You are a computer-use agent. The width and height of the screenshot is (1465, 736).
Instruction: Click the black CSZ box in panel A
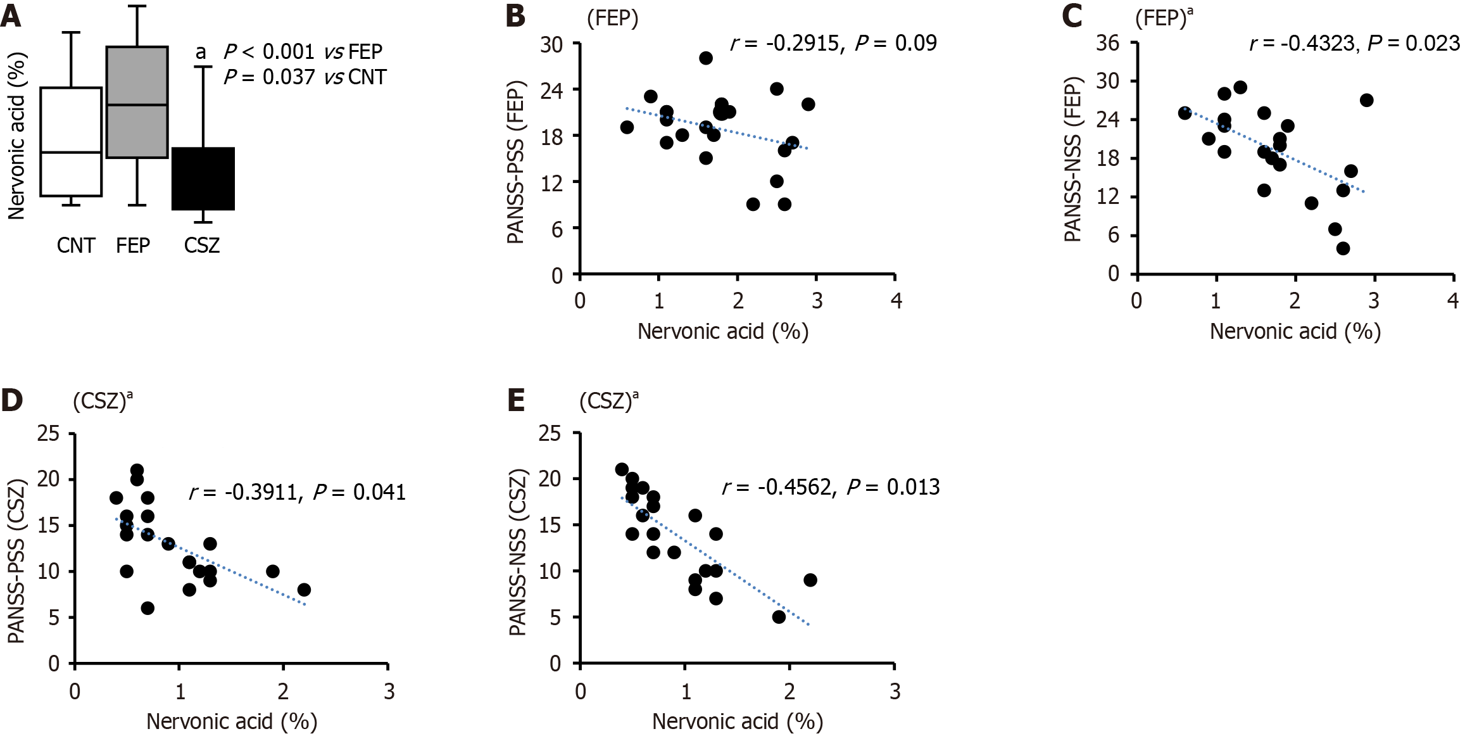(203, 179)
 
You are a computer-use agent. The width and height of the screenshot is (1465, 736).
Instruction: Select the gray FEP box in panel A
(137, 102)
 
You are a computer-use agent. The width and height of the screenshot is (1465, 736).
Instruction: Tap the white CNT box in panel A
(71, 142)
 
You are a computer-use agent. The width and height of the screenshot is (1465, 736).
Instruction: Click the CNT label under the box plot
(76, 245)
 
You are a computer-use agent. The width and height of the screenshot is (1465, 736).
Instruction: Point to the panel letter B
(515, 16)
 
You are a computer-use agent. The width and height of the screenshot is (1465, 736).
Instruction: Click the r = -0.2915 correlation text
(785, 43)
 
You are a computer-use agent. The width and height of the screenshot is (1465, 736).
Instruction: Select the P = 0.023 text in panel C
(1413, 43)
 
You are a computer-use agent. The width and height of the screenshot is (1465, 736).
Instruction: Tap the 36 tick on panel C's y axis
(1108, 43)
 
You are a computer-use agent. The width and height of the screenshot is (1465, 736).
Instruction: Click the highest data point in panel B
(706, 58)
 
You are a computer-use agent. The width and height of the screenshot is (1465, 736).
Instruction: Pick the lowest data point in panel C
(1343, 248)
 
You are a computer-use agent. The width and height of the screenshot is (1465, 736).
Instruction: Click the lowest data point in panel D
(148, 608)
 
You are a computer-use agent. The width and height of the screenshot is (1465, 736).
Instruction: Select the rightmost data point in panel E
(810, 580)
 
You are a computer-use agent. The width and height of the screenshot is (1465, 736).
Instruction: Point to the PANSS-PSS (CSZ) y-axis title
(16, 561)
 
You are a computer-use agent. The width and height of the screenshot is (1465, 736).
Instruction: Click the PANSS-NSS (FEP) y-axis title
(1072, 160)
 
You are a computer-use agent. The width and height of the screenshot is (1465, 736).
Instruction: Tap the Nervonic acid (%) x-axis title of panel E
(737, 721)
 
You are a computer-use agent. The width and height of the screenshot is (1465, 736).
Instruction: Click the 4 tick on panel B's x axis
(896, 301)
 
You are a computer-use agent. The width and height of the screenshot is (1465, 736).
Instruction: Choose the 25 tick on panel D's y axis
(48, 434)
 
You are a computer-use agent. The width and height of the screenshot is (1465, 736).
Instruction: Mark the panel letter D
(12, 400)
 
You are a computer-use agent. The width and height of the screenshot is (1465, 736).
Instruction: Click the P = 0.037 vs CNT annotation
(305, 77)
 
